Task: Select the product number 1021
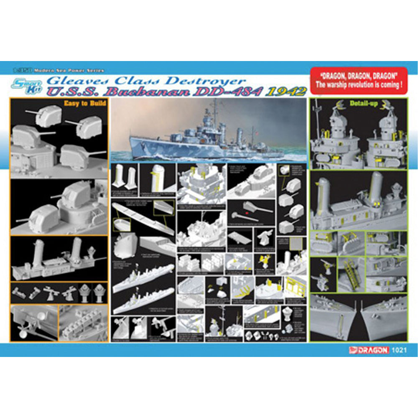tap(398, 350)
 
